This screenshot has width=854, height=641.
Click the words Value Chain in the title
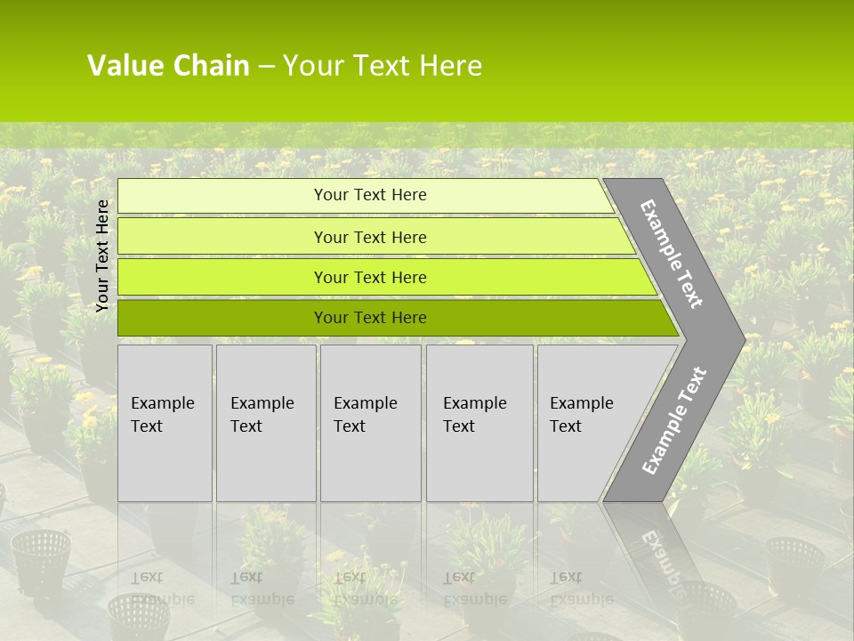pyautogui.click(x=168, y=66)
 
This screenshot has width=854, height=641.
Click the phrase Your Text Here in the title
pyautogui.click(x=383, y=66)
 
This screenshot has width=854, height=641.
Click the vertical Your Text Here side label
pyautogui.click(x=102, y=256)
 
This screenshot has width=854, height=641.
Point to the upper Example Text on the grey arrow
pyautogui.click(x=672, y=254)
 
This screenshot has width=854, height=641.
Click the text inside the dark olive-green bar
pyautogui.click(x=370, y=318)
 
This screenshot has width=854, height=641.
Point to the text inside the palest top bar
pyautogui.click(x=370, y=195)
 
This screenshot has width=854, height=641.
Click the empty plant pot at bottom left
pyautogui.click(x=41, y=561)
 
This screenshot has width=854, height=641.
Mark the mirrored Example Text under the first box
pyautogui.click(x=162, y=588)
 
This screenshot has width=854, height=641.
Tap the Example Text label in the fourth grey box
pyautogui.click(x=474, y=414)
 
